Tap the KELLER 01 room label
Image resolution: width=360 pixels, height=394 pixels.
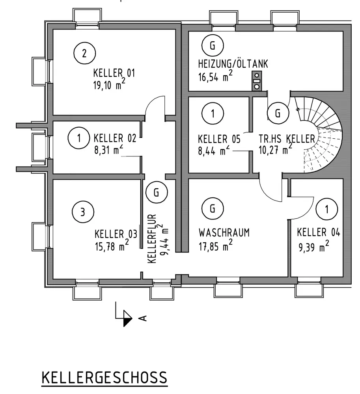point(114,73)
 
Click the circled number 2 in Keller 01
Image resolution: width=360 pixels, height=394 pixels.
point(84,53)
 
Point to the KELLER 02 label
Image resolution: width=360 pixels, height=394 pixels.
point(115,138)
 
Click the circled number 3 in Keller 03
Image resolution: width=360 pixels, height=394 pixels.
point(82,212)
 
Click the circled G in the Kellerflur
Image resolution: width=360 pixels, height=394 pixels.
point(156,193)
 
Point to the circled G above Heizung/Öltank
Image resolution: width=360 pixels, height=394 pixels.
point(212,46)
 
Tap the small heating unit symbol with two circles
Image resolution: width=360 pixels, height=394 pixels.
point(257,81)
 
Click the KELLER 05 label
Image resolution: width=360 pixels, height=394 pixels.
point(218,139)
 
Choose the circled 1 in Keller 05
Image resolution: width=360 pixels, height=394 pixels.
point(212,114)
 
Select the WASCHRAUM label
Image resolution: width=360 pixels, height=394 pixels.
point(224,232)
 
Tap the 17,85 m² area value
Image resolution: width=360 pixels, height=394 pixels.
point(215,246)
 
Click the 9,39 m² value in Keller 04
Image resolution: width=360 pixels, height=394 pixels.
point(313,247)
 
